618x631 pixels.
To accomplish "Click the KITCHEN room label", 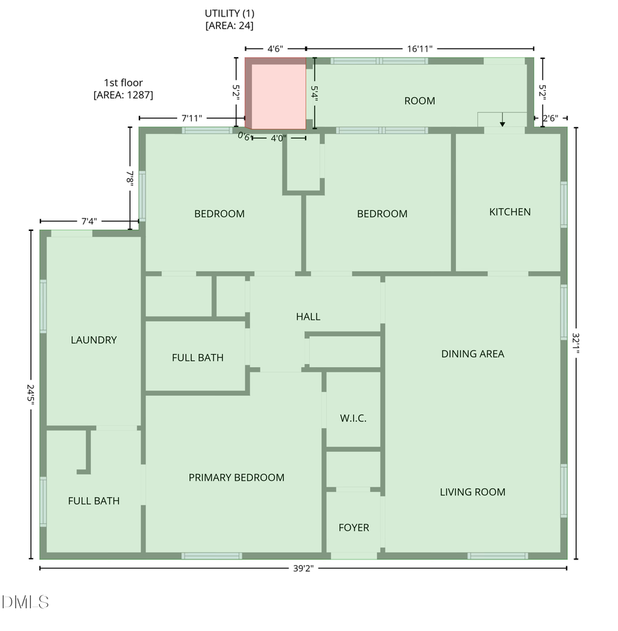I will [x=510, y=212].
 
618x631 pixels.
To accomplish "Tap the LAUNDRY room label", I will [x=93, y=340].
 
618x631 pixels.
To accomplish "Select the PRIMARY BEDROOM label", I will [x=236, y=478].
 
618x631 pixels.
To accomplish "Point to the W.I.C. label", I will [x=354, y=418].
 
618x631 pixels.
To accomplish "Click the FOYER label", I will [x=354, y=528].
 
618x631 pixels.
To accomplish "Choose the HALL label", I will [x=308, y=317].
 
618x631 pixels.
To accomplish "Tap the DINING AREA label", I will [x=472, y=354].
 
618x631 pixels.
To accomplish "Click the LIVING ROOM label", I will [x=472, y=492].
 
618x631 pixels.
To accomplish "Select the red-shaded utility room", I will [x=276, y=95].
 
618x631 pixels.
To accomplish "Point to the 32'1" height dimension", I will [x=576, y=342].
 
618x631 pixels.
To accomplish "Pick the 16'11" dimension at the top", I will [x=419, y=49].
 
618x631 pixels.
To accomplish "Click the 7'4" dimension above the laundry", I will [x=89, y=221].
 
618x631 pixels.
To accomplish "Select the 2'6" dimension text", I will [x=550, y=119].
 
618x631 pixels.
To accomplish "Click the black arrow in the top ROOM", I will [x=502, y=122].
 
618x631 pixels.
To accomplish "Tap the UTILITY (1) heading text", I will [x=229, y=13].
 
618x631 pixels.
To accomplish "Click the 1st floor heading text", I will [x=123, y=83].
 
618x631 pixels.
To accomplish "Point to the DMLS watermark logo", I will [x=25, y=603].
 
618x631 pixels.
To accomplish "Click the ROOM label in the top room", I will [x=419, y=101].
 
